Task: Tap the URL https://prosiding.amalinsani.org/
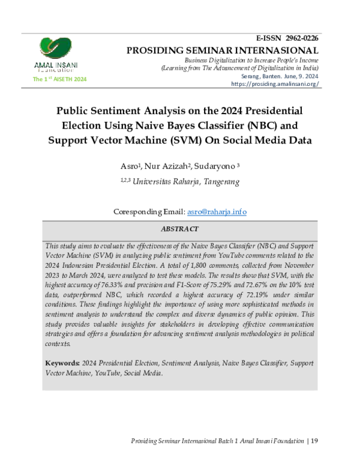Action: tap(274, 84)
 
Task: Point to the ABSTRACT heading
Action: tap(179, 229)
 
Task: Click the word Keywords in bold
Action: tap(63, 364)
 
